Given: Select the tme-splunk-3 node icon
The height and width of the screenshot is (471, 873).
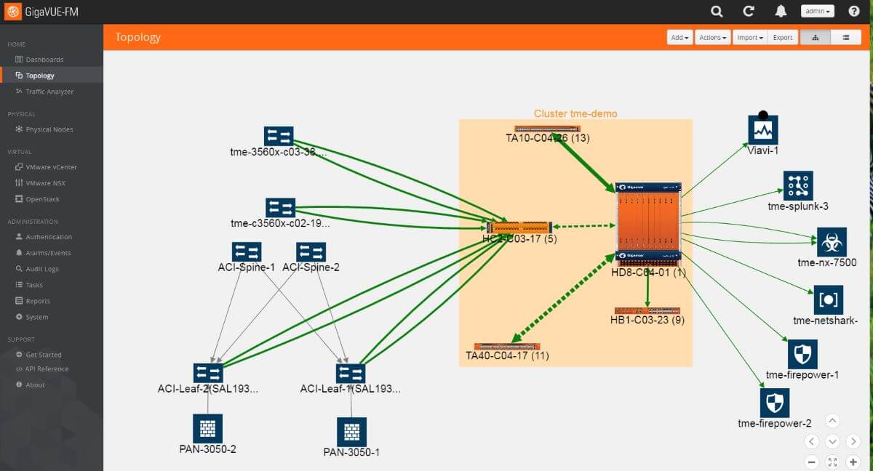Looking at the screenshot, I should click(x=797, y=186).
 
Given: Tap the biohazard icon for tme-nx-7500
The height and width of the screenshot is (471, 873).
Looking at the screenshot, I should click(x=831, y=242).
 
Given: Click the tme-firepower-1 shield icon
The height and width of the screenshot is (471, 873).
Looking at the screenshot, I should click(x=802, y=354).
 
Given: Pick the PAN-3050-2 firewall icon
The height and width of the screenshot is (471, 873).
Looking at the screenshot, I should click(x=207, y=429).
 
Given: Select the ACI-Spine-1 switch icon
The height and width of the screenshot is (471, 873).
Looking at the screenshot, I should click(x=247, y=251).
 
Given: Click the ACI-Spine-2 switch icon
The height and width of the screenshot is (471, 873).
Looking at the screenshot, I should click(x=311, y=251).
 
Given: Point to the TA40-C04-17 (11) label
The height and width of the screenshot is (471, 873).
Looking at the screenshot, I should click(x=507, y=355).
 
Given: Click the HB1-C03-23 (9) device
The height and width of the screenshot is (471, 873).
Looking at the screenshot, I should click(x=647, y=310).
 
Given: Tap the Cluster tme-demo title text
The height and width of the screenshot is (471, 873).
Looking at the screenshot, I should click(x=575, y=113).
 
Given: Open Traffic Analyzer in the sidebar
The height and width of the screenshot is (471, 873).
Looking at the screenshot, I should click(x=49, y=92).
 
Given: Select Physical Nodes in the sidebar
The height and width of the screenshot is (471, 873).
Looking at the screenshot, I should click(x=49, y=129).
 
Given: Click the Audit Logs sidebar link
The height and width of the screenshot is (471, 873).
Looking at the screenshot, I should click(x=42, y=269).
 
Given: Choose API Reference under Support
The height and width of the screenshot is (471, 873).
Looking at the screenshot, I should click(x=47, y=369).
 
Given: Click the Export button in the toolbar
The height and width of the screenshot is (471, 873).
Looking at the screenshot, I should click(x=783, y=37).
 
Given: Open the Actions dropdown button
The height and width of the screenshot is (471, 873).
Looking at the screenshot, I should click(x=712, y=37).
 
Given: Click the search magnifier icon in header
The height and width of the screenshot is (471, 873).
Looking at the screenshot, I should click(x=717, y=12).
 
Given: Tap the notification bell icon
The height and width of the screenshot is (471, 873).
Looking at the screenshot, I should click(x=781, y=12).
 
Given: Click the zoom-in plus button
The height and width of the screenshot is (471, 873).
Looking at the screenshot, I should click(x=853, y=462).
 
